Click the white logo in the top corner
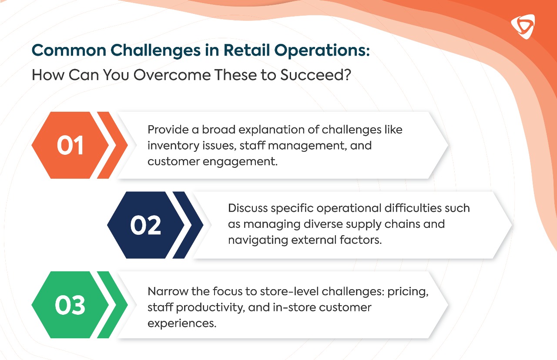[x=523, y=27]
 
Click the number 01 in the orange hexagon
[x=70, y=145]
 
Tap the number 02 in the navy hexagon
[x=145, y=225]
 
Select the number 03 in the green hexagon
[x=70, y=305]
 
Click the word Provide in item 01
[x=168, y=130]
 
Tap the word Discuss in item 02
[x=248, y=208]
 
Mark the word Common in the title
[x=69, y=50]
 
